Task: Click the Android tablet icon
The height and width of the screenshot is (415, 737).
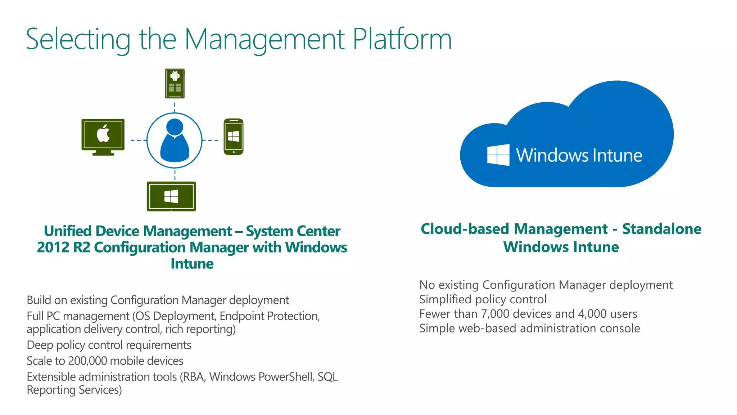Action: (x=175, y=84)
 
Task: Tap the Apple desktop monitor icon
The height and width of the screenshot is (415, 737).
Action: (x=103, y=135)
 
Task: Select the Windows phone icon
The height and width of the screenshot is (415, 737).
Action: (x=234, y=137)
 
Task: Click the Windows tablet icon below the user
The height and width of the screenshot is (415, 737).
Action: (x=171, y=196)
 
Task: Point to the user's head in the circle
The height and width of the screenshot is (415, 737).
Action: (x=175, y=127)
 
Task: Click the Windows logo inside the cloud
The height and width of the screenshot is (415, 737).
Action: (x=498, y=155)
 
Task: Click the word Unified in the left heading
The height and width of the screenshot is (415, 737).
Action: (x=68, y=231)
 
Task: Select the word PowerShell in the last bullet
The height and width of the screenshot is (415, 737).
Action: (x=286, y=377)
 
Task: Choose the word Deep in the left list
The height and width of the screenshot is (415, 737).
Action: (x=40, y=345)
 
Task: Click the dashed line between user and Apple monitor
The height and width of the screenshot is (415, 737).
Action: (x=138, y=140)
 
